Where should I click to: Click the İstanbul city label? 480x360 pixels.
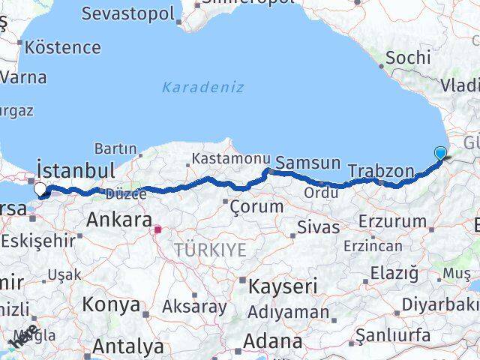[x=76, y=169]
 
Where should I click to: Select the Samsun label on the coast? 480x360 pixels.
[x=307, y=163]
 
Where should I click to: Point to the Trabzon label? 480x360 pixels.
[x=381, y=172]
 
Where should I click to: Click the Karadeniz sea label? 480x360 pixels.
[x=202, y=87]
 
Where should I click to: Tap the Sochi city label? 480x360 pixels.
[x=407, y=57]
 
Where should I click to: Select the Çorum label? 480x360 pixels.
[x=257, y=205]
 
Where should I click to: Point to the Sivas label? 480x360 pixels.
[x=318, y=226]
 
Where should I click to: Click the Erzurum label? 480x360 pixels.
[x=391, y=221]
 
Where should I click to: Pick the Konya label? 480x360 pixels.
[x=111, y=304]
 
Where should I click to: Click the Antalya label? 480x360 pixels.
[x=127, y=346]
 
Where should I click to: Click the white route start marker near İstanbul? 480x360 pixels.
[x=40, y=190]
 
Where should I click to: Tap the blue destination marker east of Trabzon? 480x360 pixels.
[x=439, y=154]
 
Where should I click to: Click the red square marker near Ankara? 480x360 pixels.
[x=157, y=229]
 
